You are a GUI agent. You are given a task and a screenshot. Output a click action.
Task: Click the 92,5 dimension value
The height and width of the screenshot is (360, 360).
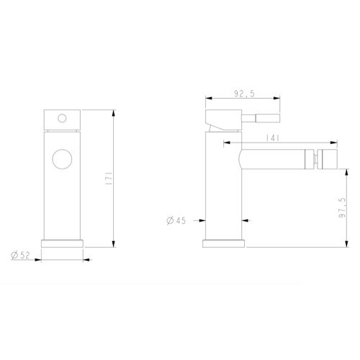pos(244,94)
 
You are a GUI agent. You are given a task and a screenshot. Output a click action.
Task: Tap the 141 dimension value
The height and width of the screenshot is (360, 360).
pos(273,138)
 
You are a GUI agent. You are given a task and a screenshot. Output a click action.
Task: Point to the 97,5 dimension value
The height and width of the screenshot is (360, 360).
pos(342,207)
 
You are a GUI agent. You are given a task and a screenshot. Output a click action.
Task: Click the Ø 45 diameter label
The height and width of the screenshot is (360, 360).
pos(176,220)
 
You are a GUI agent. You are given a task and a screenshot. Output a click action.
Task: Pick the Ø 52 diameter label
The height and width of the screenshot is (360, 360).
pos(21,255)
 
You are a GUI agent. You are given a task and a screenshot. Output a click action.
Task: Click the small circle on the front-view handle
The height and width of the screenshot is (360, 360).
pos(62,118)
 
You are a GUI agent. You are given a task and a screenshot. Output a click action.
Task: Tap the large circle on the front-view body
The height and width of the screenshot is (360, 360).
pos(62,159)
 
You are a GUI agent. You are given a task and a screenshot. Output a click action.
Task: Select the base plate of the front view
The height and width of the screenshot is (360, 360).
pos(62,243)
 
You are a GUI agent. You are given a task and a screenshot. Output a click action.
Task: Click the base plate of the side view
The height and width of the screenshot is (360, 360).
pos(224,243)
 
